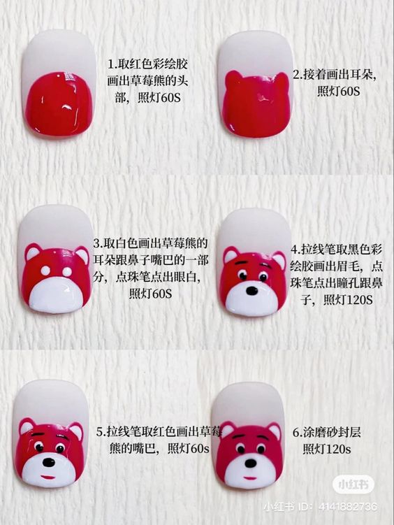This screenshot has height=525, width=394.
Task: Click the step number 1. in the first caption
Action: pos(112,64)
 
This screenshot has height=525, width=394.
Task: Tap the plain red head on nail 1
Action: pos(59,103)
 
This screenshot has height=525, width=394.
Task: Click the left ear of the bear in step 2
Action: pos(233,80)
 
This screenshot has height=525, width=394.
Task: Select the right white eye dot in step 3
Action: pos(67,271)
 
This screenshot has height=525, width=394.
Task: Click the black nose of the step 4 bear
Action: pos(251,291)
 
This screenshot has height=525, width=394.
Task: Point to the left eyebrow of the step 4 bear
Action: pos(242,264)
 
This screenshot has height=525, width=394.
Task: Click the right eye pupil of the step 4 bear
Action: pos(263,278)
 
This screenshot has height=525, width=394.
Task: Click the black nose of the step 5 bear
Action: pos(49,463)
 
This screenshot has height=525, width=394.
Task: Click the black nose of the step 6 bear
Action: pos(250,463)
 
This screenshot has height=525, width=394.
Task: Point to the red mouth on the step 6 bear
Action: pos(249,477)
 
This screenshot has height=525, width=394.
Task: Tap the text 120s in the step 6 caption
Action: pos(338,449)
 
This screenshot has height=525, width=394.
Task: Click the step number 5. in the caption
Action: pos(101,432)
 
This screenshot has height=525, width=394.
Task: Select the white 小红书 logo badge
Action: pos(353,484)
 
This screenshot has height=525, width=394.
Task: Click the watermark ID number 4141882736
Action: pos(347,507)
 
